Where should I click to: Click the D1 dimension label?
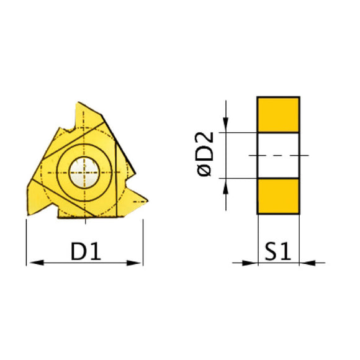(86, 251)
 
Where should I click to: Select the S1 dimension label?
(279, 251)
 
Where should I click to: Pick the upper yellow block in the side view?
(279, 114)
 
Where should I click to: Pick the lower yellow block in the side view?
(279, 196)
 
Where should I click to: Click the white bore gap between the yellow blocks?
(279, 155)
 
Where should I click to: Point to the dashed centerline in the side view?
(279, 155)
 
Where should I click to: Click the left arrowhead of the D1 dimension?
(32, 263)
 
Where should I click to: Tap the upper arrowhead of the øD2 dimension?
(227, 128)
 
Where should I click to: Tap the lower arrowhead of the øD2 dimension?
(227, 182)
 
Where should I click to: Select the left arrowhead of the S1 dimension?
(251, 263)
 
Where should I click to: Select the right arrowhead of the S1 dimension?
(306, 263)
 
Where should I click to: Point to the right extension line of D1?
(143, 242)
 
